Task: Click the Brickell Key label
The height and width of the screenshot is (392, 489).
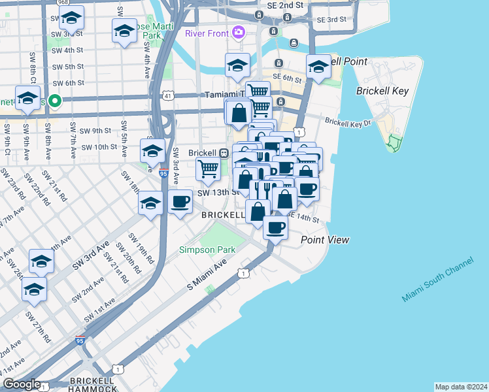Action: (382, 91)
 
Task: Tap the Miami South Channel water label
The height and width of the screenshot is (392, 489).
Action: (437, 280)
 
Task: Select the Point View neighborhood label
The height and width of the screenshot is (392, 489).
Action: (324, 240)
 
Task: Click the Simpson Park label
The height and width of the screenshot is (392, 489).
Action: (207, 250)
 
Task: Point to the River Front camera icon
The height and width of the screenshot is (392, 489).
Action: (239, 31)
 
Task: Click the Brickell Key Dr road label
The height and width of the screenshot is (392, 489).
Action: (347, 122)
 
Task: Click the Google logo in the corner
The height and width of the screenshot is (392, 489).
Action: (22, 384)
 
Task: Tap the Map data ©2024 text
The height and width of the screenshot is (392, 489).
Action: (461, 386)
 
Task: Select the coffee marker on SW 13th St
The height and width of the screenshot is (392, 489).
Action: (180, 201)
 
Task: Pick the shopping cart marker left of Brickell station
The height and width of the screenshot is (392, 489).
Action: (208, 169)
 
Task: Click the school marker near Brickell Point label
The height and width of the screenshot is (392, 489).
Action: (318, 67)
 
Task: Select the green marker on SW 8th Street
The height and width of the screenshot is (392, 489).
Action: (56, 101)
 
